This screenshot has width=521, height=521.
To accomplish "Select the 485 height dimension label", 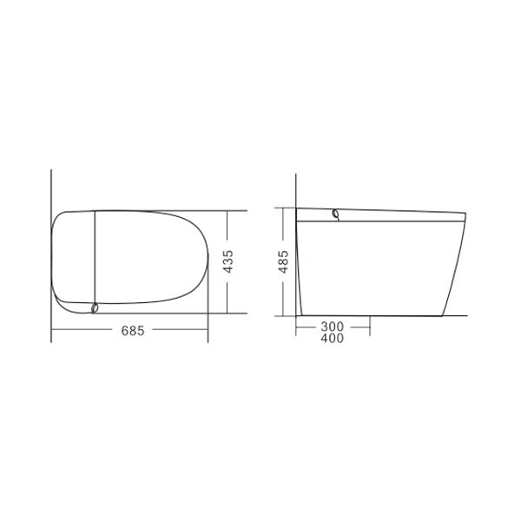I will (x=284, y=261).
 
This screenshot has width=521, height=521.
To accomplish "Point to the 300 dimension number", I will (x=333, y=326).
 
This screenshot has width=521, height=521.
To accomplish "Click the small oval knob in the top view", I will (x=94, y=307).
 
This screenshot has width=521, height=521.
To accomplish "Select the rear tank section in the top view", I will (x=73, y=260).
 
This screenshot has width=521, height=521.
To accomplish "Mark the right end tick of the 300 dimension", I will (x=371, y=326).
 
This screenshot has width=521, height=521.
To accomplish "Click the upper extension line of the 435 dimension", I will (x=230, y=210).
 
